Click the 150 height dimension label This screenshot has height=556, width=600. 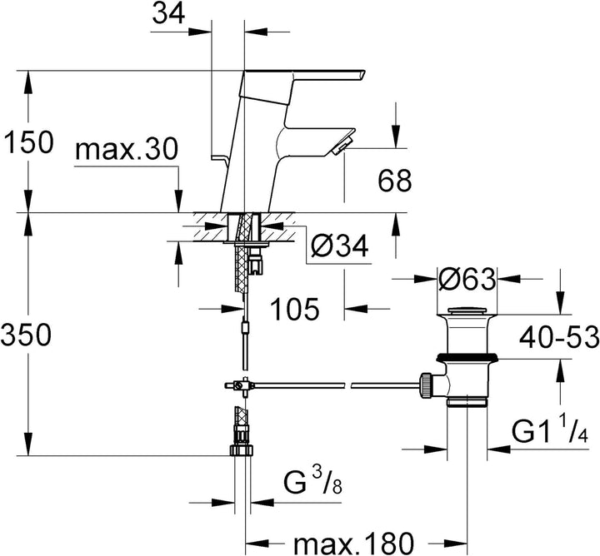click(x=27, y=141)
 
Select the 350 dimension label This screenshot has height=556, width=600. click(x=26, y=335)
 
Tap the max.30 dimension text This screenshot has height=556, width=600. click(x=127, y=150)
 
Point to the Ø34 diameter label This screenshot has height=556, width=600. click(x=339, y=246)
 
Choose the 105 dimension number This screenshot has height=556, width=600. click(x=295, y=309)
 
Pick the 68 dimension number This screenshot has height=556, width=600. click(x=395, y=181)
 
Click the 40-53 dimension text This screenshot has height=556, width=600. click(x=559, y=337)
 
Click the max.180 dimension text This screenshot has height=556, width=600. click(x=353, y=542)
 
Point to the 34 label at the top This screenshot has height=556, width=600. click(x=168, y=13)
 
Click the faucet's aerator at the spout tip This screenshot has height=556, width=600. click(x=342, y=146)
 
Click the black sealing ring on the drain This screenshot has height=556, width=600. click(x=467, y=357)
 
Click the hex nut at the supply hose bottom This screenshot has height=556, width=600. click(x=241, y=449)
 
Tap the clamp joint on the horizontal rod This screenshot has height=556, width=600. click(x=240, y=385)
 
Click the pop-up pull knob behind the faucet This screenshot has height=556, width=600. click(x=220, y=157)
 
